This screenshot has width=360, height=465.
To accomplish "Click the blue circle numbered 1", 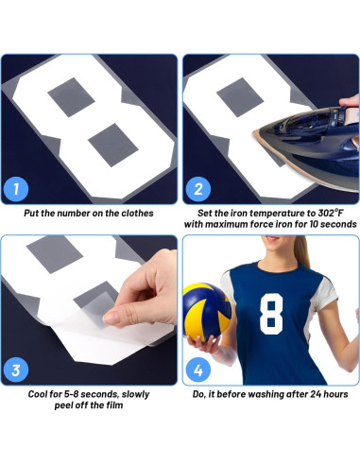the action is pyautogui.click(x=16, y=189).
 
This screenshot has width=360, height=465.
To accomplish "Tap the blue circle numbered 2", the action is pyautogui.click(x=197, y=189).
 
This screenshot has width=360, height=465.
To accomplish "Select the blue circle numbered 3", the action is pyautogui.click(x=16, y=370).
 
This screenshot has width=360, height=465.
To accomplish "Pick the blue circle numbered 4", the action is pyautogui.click(x=197, y=370).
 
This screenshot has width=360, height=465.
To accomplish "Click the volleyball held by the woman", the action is pyautogui.click(x=207, y=312).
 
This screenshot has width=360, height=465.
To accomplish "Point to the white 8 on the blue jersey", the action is pyautogui.click(x=271, y=314).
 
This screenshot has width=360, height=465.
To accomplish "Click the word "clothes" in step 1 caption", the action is pyautogui.click(x=137, y=214).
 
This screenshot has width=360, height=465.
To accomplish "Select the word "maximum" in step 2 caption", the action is pyautogui.click(x=226, y=224).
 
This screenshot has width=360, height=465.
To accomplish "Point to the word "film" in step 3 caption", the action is pyautogui.click(x=114, y=405).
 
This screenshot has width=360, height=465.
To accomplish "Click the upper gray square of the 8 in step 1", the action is pyautogui.click(x=71, y=97).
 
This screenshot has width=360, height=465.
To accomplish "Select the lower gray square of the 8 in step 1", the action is pyautogui.click(x=113, y=145).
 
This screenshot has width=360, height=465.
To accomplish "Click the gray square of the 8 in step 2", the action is pyautogui.click(x=240, y=97).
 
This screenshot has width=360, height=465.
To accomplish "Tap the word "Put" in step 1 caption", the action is pyautogui.click(x=31, y=214).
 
